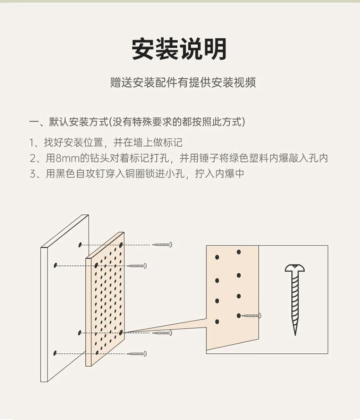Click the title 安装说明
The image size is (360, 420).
pyautogui.click(x=179, y=50)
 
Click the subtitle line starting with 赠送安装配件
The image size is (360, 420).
pyautogui.click(x=183, y=83)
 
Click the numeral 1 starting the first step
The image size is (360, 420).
pyautogui.click(x=32, y=143)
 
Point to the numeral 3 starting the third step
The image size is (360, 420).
pyautogui.click(x=32, y=174)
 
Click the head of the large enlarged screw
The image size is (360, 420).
pyautogui.click(x=295, y=269)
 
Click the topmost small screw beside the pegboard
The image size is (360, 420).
pyautogui.click(x=163, y=245)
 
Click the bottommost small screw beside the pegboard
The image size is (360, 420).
pyautogui.click(x=137, y=353)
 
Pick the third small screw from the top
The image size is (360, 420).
pyautogui.click(x=163, y=333)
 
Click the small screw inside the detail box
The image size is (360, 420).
pyautogui.click(x=252, y=315)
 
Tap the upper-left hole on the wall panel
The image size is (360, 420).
pyautogui.click(x=80, y=245)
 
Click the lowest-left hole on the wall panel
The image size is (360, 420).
pyautogui.click(x=55, y=353)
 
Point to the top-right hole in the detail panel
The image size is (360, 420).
pyautogui.click(x=239, y=252)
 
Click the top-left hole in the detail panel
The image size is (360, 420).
pyautogui.click(x=217, y=257)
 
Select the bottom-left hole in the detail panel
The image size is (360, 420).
pyautogui.click(x=217, y=321)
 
